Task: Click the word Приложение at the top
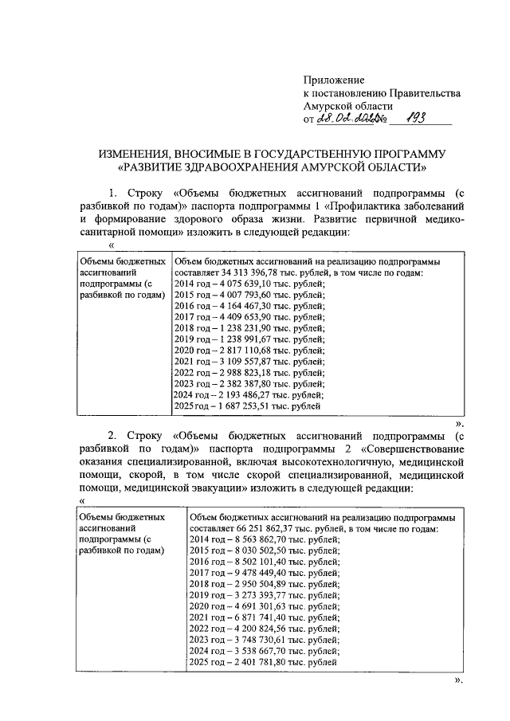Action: (333, 80)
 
